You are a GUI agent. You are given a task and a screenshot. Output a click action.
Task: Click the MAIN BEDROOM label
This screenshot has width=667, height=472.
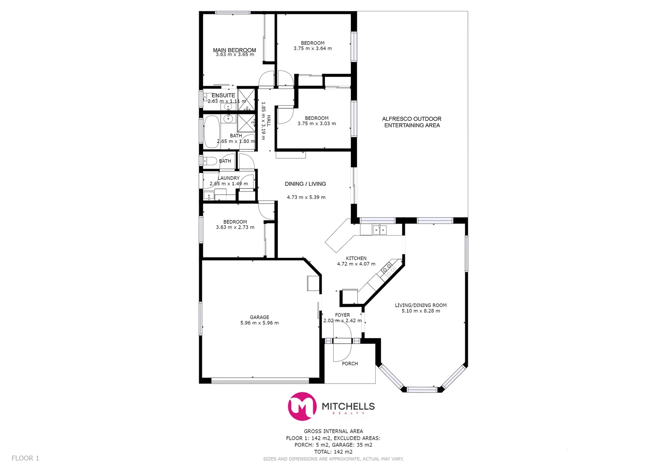[x=234, y=50]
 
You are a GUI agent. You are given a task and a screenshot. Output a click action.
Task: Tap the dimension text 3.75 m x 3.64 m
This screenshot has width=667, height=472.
[x=312, y=49]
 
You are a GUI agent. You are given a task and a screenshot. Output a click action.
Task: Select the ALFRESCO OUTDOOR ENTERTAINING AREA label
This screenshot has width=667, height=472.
[x=411, y=122]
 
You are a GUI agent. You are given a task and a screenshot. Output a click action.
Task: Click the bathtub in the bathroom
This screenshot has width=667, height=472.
[x=212, y=131]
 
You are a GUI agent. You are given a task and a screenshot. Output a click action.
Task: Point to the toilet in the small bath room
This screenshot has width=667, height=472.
[x=210, y=161]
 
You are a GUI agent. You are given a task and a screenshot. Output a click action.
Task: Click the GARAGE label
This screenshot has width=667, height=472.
[x=259, y=317]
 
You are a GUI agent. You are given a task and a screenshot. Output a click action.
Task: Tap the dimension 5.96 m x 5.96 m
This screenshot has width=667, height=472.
[x=259, y=323]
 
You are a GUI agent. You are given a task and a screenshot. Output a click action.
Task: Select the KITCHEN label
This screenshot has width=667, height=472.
[x=356, y=258]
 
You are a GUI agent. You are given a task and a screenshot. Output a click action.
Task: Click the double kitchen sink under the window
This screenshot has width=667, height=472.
[x=379, y=229]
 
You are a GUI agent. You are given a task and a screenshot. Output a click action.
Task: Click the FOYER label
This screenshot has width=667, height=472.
[x=342, y=315]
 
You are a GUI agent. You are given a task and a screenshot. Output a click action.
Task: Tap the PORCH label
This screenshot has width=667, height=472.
[x=350, y=364]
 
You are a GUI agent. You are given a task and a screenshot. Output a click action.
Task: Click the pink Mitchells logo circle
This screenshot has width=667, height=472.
[x=302, y=406]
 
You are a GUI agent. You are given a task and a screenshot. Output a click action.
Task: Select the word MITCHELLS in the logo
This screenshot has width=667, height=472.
[x=348, y=406]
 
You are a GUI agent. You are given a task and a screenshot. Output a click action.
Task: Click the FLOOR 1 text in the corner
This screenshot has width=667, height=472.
[x=25, y=458]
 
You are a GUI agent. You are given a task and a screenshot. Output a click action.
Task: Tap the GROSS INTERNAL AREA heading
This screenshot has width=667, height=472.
[x=333, y=431]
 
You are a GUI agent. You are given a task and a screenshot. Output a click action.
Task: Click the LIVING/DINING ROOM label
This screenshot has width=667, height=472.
[x=421, y=305]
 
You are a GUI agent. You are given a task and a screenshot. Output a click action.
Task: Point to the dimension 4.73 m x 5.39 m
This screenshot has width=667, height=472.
[x=306, y=197]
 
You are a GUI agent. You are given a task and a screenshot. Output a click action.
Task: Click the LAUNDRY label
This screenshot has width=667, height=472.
[x=229, y=178]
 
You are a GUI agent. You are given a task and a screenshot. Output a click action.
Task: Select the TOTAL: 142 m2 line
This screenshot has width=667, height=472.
[x=333, y=452]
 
